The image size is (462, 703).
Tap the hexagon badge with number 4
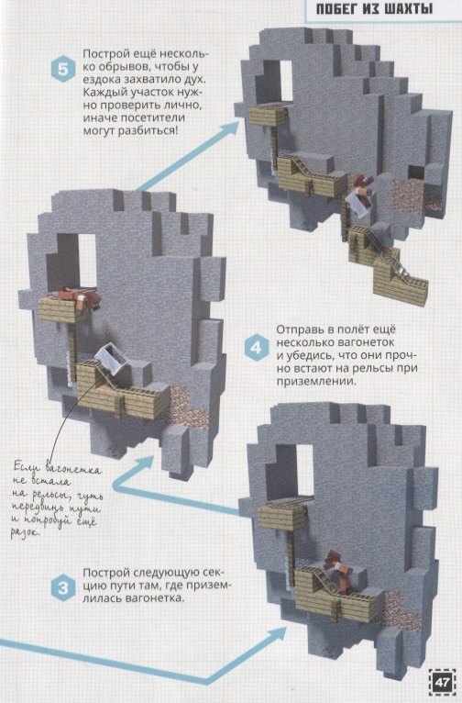pos(256,348)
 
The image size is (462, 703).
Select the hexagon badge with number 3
pos(63,587)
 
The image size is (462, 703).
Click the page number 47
pos(442,683)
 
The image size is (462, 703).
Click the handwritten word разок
pos(26,532)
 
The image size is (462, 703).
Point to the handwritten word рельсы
pos(49,495)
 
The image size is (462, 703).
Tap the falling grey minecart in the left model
pos(112,357)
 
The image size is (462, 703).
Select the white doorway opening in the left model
pos(87,260)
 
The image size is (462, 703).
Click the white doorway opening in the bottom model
pos(304,470)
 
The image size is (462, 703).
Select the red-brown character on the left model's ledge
pos(80,296)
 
